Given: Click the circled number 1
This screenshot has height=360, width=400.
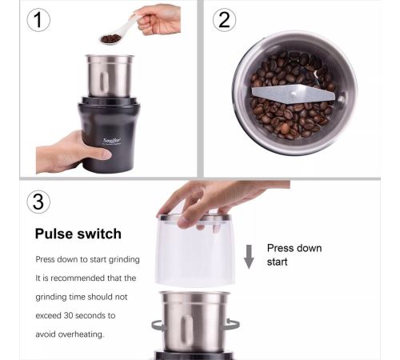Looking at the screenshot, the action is point(38,20).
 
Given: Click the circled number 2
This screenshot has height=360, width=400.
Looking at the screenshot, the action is point(224,20).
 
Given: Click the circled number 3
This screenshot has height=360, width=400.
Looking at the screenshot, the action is point(38,202).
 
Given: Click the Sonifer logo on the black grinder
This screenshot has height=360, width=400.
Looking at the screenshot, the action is point(112,141).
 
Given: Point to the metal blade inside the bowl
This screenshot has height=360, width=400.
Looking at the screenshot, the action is point(294,94).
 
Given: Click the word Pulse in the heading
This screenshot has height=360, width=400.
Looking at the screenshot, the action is point(54,234).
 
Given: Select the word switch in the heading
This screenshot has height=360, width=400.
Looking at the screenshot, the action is point(99,234).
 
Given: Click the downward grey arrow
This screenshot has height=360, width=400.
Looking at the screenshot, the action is point(249,257).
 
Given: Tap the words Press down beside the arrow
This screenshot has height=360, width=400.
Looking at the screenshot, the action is point(294,248).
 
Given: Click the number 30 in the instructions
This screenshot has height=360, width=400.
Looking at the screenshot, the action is point(68,315).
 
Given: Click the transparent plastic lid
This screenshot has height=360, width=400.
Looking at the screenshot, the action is point(194,250).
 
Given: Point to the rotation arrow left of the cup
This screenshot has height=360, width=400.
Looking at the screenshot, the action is point(158,326).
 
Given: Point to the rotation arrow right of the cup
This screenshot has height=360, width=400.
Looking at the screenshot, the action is point(233,325).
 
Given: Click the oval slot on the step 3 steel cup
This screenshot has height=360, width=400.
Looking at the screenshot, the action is point(186,329).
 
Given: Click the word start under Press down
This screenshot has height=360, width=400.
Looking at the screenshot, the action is point(278,262).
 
